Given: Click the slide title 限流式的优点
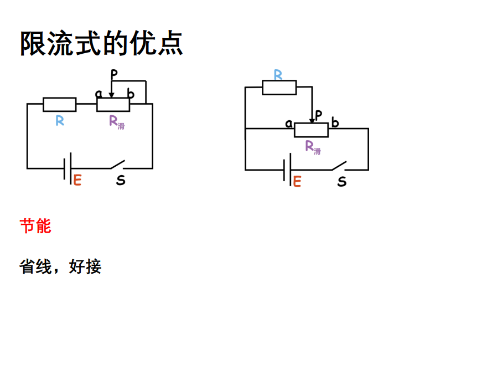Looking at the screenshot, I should [x=101, y=43].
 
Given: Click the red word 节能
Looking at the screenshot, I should [x=35, y=226].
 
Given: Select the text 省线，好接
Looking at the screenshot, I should [x=60, y=267].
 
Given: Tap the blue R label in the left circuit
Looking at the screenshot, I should [x=60, y=121].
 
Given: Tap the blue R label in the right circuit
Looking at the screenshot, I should [x=278, y=75].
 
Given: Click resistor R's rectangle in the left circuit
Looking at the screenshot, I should [x=60, y=104].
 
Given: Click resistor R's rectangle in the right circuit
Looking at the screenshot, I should [x=279, y=88].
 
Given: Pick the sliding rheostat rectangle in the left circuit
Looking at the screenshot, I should [x=113, y=104].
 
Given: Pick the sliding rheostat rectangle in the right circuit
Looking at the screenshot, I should [x=311, y=129].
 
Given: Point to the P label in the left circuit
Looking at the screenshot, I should [x=114, y=74].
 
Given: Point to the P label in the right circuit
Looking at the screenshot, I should [x=318, y=115].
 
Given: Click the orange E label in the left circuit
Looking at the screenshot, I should [x=77, y=180].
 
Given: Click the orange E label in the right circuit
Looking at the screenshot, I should [x=297, y=181].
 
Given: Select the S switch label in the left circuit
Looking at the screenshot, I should [x=120, y=181].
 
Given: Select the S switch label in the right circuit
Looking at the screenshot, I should [x=342, y=181].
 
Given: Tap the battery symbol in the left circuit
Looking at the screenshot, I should [x=68, y=168].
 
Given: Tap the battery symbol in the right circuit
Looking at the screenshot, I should [x=287, y=170].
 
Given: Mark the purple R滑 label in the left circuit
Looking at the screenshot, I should [x=116, y=121].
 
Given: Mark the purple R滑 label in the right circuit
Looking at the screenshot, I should [x=313, y=147].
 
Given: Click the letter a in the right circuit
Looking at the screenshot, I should [x=288, y=124].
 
